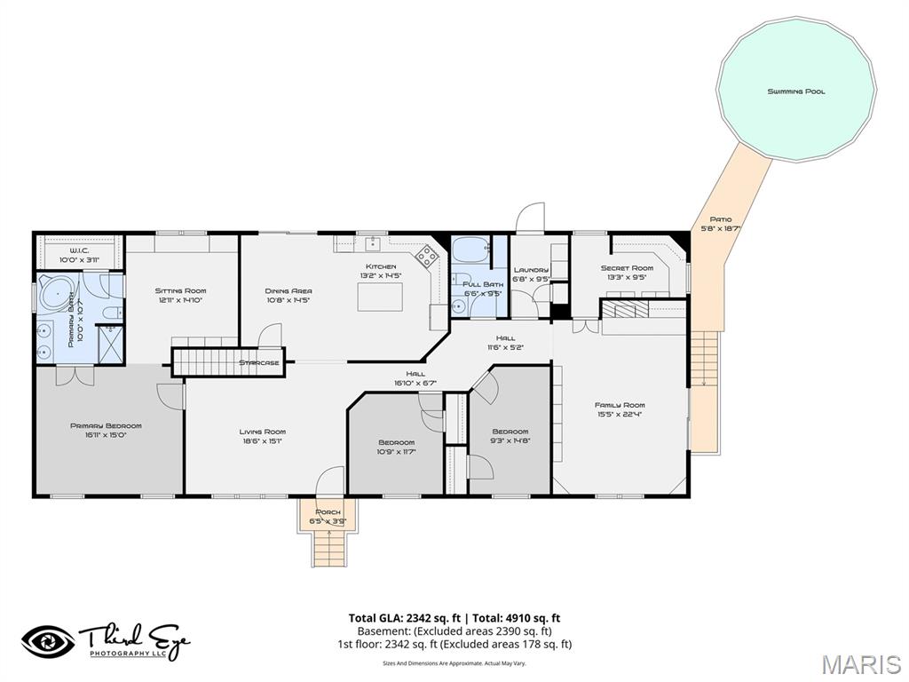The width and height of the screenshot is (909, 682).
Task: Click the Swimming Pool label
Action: (796, 91)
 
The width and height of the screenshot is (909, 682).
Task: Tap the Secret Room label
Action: (626, 268)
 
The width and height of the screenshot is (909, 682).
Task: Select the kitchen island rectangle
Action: (380, 297)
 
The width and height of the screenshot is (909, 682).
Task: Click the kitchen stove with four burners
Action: (428, 257)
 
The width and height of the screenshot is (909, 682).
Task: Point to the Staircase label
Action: (259, 362)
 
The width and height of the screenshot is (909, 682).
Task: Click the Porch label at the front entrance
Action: (328, 512)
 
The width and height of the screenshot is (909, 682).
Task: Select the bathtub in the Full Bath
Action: (468, 250)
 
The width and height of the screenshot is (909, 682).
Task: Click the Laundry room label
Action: (531, 270)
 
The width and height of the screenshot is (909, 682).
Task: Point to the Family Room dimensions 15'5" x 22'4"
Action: (620, 414)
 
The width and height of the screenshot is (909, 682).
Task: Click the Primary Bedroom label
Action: (106, 426)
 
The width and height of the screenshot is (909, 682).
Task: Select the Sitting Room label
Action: (180, 290)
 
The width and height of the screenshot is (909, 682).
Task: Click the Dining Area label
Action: (289, 290)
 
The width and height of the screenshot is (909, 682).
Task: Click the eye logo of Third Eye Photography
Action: (49, 641)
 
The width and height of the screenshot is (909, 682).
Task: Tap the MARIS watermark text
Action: (860, 664)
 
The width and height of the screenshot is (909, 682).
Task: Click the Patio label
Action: (720, 219)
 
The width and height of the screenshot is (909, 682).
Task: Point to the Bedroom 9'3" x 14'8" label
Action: (510, 432)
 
